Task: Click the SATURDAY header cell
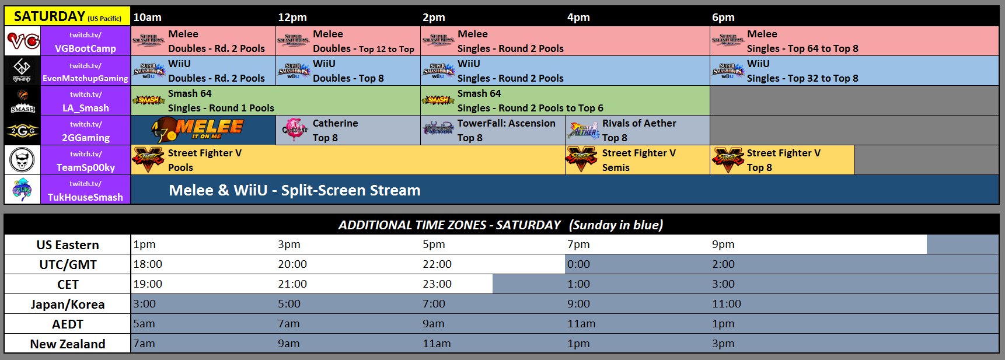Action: click(x=67, y=16)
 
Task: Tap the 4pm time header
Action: click(x=578, y=18)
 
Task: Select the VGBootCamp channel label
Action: click(x=85, y=41)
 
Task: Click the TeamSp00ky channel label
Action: click(x=85, y=160)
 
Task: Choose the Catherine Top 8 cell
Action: click(x=348, y=130)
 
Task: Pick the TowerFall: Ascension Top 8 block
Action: click(x=493, y=130)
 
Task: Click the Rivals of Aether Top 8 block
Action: click(x=637, y=130)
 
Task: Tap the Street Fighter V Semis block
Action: click(x=637, y=160)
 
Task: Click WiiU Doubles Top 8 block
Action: click(x=348, y=71)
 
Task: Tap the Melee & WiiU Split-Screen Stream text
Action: click(x=294, y=190)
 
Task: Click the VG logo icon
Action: click(x=23, y=41)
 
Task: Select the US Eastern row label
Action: click(x=68, y=244)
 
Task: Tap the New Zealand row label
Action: click(x=68, y=344)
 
